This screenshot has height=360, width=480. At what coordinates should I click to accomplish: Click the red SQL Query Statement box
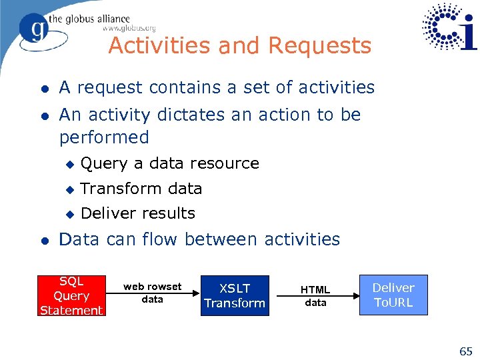(x=71, y=295)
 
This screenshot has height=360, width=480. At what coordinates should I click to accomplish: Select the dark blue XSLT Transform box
(x=235, y=295)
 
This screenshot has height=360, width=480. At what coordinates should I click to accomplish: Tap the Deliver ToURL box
(x=393, y=295)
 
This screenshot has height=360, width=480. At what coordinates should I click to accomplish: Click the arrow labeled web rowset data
(x=153, y=293)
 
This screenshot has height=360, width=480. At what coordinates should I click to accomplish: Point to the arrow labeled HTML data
(x=315, y=296)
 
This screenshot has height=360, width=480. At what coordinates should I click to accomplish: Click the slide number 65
(x=465, y=351)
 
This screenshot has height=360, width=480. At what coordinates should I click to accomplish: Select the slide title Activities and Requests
(x=239, y=46)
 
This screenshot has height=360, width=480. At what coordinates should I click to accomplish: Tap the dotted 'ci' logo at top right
(x=450, y=27)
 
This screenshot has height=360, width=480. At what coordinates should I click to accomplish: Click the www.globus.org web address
(x=129, y=28)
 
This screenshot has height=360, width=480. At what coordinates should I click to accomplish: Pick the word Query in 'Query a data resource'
(x=104, y=163)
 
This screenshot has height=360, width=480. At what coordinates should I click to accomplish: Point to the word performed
(x=104, y=137)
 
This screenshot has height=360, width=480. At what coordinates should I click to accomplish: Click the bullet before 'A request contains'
(x=43, y=88)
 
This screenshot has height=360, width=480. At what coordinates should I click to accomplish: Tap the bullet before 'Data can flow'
(x=43, y=240)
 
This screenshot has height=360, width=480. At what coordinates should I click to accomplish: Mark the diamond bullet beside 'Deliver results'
(x=69, y=214)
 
